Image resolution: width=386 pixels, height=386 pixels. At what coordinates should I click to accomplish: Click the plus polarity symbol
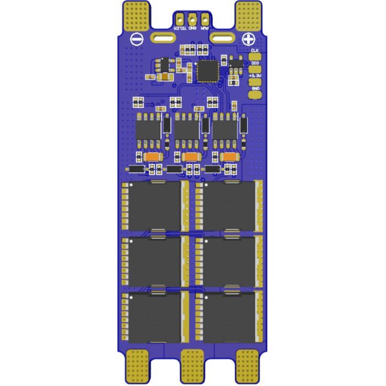click(249, 39)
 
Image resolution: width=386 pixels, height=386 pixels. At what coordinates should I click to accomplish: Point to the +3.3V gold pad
click(255, 81)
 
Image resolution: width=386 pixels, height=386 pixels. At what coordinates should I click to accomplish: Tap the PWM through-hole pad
click(205, 18)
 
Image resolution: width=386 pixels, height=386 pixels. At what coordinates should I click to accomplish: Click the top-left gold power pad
click(137, 14)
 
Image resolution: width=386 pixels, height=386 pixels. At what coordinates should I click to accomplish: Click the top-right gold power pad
click(249, 14)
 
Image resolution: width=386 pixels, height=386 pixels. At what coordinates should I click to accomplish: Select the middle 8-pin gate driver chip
click(187, 130)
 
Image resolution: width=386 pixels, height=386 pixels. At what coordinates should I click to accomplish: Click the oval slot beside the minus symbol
click(164, 39)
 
